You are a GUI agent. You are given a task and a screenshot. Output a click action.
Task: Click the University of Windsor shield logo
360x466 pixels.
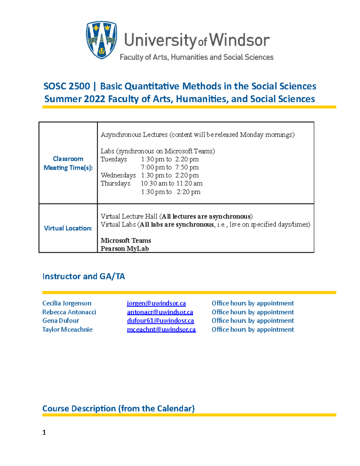tap(101, 40)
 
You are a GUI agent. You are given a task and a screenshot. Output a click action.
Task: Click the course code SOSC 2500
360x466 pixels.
tap(67, 86)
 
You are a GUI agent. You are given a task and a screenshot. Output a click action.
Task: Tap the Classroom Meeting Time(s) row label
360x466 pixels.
tap(68, 163)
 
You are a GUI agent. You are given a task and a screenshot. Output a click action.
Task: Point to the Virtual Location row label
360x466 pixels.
tap(68, 228)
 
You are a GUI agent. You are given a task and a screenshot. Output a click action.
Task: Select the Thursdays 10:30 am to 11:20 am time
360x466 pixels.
tap(172, 183)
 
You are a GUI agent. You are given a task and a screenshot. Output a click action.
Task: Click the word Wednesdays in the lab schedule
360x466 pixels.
tap(118, 175)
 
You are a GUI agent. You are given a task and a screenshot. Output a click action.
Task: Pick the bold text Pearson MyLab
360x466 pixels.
tap(124, 248)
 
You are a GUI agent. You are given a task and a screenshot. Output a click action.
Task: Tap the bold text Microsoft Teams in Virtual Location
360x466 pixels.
tap(126, 240)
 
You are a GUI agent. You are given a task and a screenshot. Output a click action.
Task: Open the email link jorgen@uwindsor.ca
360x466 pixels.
tap(156, 303)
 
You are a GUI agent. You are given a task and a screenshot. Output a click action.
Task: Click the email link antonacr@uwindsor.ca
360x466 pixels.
tap(160, 312)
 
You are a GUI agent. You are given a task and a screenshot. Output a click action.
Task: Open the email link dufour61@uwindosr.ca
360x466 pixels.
tap(160, 321)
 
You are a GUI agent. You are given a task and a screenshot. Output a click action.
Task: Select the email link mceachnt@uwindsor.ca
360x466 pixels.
tap(161, 329)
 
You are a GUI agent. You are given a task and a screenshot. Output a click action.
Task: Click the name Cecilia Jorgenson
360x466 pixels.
tap(67, 303)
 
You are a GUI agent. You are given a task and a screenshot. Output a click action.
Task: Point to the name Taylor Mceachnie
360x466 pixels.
tap(67, 329)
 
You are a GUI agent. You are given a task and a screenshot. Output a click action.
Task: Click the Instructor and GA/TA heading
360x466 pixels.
tap(84, 276)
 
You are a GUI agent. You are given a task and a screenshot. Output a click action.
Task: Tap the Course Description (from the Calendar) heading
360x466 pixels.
tap(118, 408)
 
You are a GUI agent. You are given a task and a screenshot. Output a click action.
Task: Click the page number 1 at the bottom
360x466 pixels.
tap(44, 432)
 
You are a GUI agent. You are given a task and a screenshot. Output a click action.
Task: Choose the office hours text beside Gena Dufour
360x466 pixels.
tap(253, 321)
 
